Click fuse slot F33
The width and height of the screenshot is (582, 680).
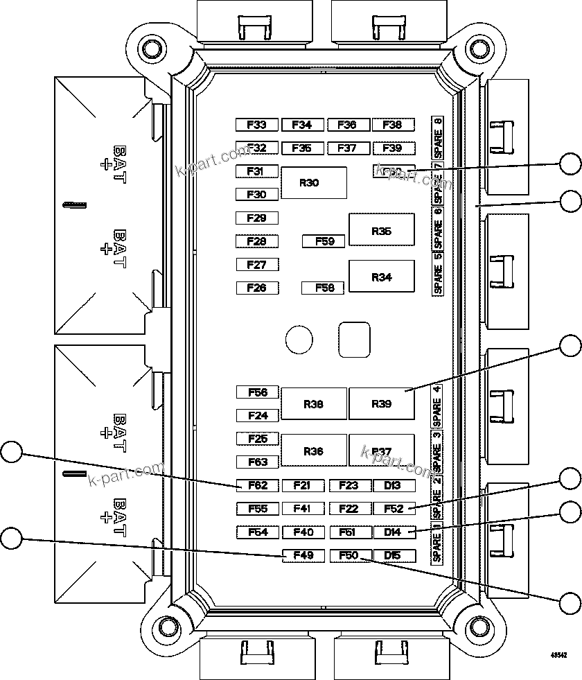[257, 125]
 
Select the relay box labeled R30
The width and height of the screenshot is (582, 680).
[313, 183]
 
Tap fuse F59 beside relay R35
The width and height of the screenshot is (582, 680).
[324, 241]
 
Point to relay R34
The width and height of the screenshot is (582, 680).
[381, 277]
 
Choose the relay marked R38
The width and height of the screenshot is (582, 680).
[313, 404]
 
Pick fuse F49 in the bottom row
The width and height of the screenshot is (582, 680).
[303, 555]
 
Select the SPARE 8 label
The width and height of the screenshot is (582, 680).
[437, 137]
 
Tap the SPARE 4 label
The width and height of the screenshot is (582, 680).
[437, 406]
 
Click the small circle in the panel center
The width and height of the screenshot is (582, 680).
[299, 339]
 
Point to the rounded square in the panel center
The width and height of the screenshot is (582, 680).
[354, 339]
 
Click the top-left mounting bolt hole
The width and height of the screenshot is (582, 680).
[150, 48]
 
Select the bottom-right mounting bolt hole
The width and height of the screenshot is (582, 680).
[477, 627]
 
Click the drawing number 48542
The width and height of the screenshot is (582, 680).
[558, 654]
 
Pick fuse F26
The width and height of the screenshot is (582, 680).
[257, 288]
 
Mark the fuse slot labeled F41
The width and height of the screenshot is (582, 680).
[303, 509]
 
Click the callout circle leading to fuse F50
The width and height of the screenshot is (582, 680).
[570, 602]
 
